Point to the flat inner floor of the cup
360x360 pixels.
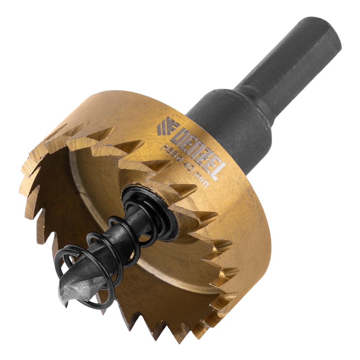[105, 190]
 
